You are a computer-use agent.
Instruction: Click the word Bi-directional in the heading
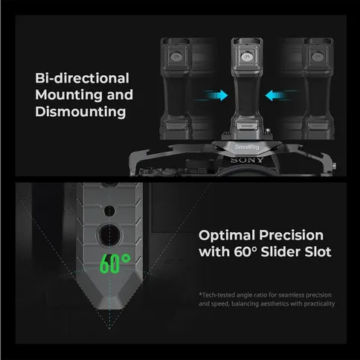[x=82, y=78]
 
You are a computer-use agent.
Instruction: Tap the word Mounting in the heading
[x=69, y=95]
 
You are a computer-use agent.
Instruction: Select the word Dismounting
[x=80, y=112]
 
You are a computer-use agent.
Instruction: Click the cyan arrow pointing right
[x=215, y=95]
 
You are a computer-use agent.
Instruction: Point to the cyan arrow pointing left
[x=277, y=95]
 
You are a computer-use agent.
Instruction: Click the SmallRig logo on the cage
[x=247, y=147]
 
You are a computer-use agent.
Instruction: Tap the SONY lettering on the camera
[x=247, y=160]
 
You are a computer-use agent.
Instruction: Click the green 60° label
[x=115, y=263]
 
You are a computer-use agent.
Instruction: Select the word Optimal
[x=227, y=235]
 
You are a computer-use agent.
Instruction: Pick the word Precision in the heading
[x=292, y=235]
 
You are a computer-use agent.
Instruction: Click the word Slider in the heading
[x=280, y=252]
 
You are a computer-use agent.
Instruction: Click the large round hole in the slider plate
[x=109, y=235]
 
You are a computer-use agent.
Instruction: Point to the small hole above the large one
[x=109, y=210]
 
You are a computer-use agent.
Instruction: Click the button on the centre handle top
[x=247, y=57]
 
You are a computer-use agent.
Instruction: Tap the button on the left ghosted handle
[x=176, y=57]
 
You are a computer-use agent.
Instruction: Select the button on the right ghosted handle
[x=318, y=57]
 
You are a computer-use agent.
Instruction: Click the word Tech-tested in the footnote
[x=217, y=295]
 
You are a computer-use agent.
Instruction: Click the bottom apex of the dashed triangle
[x=109, y=329]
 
